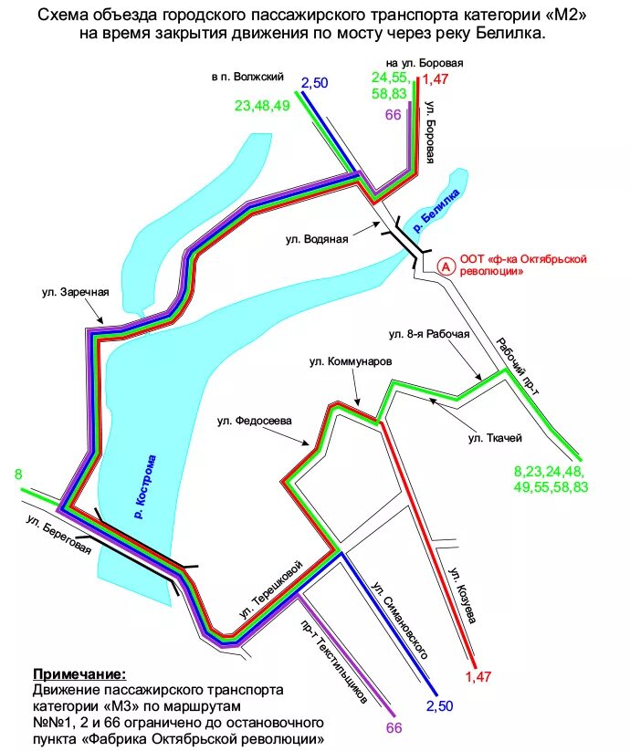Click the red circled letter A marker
[x=446, y=266]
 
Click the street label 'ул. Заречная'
[x=75, y=293]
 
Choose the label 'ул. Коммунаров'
[x=350, y=362]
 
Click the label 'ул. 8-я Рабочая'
[x=429, y=333]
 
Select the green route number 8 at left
[x=18, y=474]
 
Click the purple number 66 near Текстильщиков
[x=394, y=727]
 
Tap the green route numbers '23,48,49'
[x=262, y=105]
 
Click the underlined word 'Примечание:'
[x=79, y=674]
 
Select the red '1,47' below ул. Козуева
[x=478, y=676]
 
